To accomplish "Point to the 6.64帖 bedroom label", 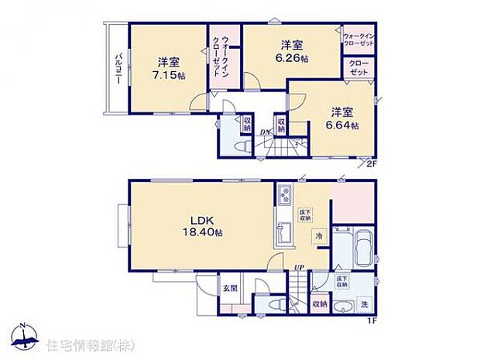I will pyautogui.click(x=342, y=118).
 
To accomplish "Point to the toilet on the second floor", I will pyautogui.click(x=241, y=145).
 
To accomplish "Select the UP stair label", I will pyautogui.click(x=297, y=268).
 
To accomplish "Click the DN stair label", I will pyautogui.click(x=265, y=132).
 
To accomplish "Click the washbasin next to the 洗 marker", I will pyautogui.click(x=341, y=304).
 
